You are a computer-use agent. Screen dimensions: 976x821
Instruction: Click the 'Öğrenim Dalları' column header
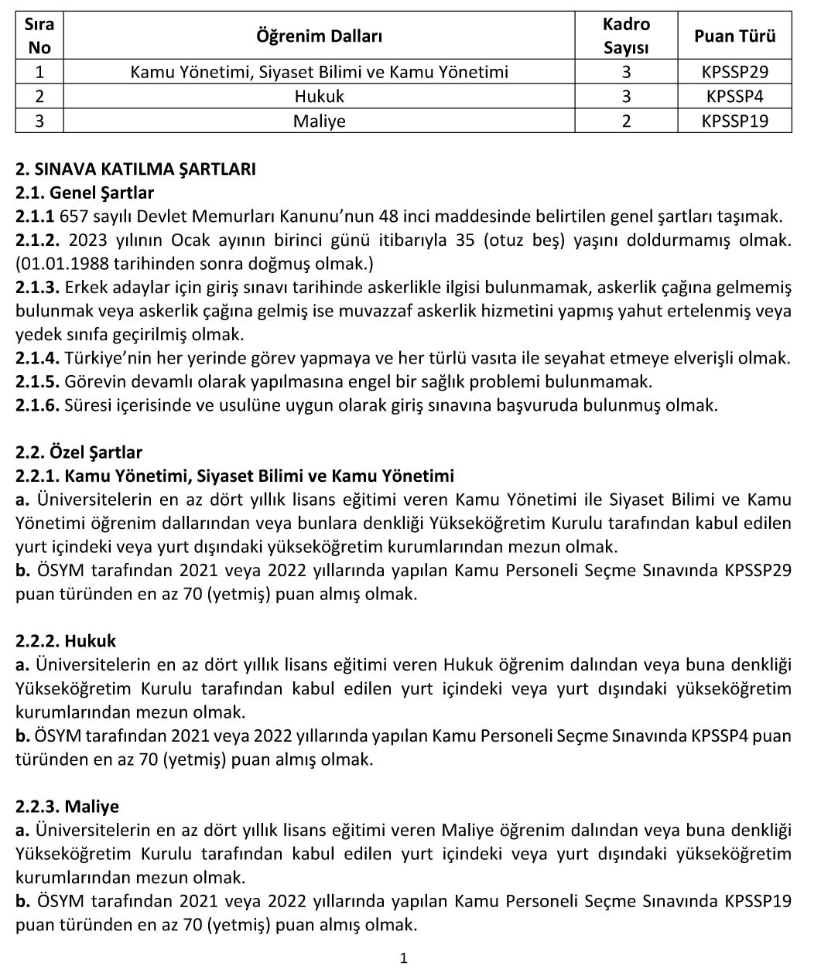[319, 36]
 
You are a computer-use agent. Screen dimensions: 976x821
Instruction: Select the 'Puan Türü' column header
[734, 36]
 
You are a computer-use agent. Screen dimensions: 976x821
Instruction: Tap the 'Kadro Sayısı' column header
[626, 36]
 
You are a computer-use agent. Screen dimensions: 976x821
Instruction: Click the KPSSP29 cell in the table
[734, 72]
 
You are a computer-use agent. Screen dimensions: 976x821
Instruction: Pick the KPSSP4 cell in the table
[734, 97]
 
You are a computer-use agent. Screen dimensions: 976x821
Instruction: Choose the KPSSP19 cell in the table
[734, 121]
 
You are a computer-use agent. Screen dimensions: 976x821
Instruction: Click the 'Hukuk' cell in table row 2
[319, 97]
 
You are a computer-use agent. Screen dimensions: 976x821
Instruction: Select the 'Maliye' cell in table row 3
[319, 121]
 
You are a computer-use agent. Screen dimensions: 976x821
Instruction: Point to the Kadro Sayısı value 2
[626, 121]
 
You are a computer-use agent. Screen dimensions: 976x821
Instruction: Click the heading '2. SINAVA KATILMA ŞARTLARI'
[135, 169]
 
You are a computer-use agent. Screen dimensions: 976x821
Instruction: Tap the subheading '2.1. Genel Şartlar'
[84, 193]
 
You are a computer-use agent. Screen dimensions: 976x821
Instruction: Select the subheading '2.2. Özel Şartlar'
[79, 452]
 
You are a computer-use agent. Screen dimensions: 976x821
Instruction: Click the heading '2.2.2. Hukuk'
[66, 641]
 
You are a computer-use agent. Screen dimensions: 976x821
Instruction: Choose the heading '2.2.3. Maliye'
[67, 807]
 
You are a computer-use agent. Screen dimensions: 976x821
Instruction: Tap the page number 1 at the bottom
[403, 959]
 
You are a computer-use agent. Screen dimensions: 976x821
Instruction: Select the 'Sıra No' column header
[39, 36]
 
